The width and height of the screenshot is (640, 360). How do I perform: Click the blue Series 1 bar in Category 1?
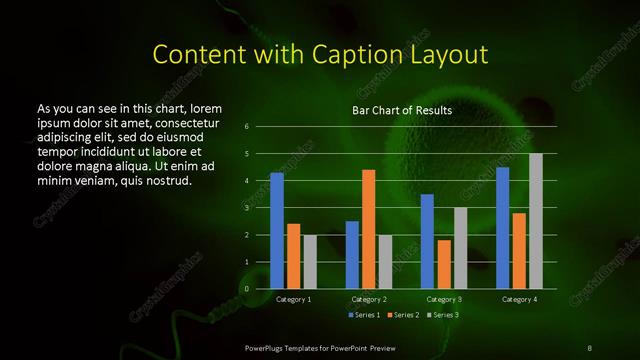tap(277, 231)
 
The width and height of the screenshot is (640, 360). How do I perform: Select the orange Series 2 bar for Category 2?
tap(369, 229)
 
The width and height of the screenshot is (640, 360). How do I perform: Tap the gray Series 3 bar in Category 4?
tap(536, 221)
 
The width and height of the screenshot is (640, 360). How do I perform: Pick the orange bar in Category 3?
tap(444, 264)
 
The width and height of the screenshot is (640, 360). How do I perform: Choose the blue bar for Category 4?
tap(503, 228)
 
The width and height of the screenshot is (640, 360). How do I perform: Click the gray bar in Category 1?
tap(310, 262)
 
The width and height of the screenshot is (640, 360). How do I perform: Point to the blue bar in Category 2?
tap(352, 255)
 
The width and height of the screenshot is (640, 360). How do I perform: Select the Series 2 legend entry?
tap(403, 315)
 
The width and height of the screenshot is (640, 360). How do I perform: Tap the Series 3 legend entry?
tap(441, 315)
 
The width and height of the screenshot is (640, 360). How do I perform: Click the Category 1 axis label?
tap(293, 299)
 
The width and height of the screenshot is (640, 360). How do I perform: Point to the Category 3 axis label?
tap(444, 299)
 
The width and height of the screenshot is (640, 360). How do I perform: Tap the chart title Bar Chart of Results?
tap(402, 110)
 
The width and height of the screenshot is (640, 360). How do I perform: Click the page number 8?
tap(589, 346)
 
